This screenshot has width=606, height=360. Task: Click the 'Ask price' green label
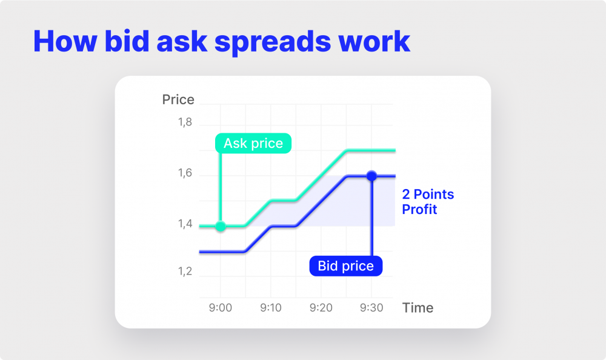coord(253,144)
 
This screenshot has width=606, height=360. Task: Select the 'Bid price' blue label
coord(346,266)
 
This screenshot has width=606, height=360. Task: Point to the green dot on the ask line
coord(221,226)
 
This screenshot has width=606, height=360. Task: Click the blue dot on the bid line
coord(371,176)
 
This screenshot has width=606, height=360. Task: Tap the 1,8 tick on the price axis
coord(184,122)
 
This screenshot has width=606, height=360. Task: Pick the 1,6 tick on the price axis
coord(184,174)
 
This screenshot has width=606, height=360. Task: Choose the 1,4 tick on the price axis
coord(184,224)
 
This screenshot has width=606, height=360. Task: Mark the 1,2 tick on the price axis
coord(184,271)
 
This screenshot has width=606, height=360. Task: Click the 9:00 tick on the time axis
coord(221,308)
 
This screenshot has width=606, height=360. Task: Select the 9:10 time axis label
coord(271,308)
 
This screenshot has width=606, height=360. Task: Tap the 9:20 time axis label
coord(321,308)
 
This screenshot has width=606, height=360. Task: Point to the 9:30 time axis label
coord(371,308)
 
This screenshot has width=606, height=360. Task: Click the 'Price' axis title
coord(178,99)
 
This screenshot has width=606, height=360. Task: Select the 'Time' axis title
coord(418,308)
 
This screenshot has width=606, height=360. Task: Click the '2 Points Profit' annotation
coord(428,202)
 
